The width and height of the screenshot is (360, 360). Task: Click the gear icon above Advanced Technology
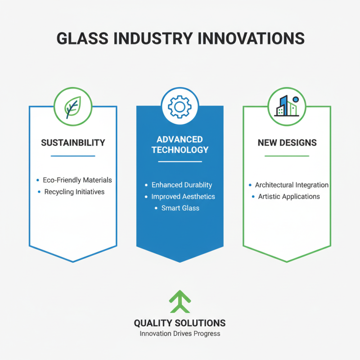pos(180,107)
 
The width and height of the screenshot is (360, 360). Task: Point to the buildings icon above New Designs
pos(286,107)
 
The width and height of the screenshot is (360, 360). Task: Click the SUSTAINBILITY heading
pos(73,143)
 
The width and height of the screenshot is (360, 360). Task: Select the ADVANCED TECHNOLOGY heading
pos(180,144)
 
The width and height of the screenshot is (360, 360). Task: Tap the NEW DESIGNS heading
pos(287,143)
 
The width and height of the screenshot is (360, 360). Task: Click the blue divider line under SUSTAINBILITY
pos(73,156)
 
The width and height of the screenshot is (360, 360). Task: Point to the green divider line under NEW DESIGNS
pos(287,156)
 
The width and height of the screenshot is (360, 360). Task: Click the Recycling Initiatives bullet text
pos(74,192)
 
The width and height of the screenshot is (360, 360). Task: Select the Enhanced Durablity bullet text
pos(182,185)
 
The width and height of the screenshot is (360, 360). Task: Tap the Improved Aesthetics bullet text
pos(183,197)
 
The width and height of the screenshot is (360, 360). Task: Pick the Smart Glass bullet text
pos(180,208)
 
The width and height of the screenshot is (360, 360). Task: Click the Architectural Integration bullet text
pos(292,185)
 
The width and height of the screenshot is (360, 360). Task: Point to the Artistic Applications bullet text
pos(289,197)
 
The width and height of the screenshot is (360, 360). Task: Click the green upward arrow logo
pos(180,301)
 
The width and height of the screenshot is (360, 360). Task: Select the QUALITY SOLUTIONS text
pos(180,323)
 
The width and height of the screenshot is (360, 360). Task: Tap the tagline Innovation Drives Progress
pos(180,334)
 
